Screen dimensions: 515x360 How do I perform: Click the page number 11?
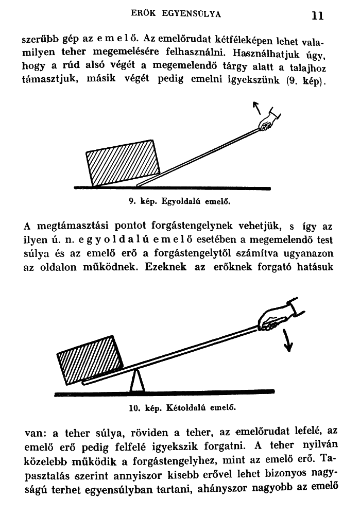(317, 16)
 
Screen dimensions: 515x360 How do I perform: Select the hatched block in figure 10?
(91, 359)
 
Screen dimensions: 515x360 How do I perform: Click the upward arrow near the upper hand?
(256, 109)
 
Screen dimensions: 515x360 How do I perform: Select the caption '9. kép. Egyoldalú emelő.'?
(179, 202)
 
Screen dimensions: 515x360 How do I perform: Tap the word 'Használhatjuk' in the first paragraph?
(264, 54)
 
